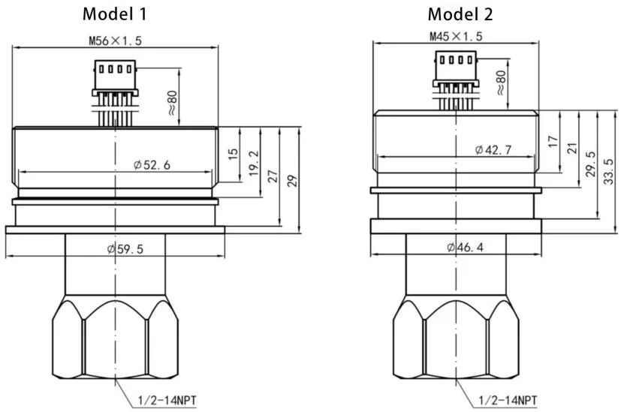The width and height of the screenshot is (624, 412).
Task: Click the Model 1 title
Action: [115, 14]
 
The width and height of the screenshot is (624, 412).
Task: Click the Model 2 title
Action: [460, 14]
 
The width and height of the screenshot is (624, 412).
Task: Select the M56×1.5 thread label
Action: [115, 41]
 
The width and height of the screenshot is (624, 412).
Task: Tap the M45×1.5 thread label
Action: [456, 37]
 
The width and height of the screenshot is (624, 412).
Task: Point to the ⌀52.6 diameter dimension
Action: [152, 164]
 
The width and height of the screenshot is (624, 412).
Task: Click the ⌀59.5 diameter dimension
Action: [125, 249]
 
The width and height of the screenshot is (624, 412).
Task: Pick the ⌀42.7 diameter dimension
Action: [493, 150]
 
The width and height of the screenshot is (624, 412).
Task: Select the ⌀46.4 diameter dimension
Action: [465, 248]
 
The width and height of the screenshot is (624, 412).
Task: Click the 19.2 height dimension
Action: [254, 164]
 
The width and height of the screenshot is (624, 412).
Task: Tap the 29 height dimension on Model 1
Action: [293, 181]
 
